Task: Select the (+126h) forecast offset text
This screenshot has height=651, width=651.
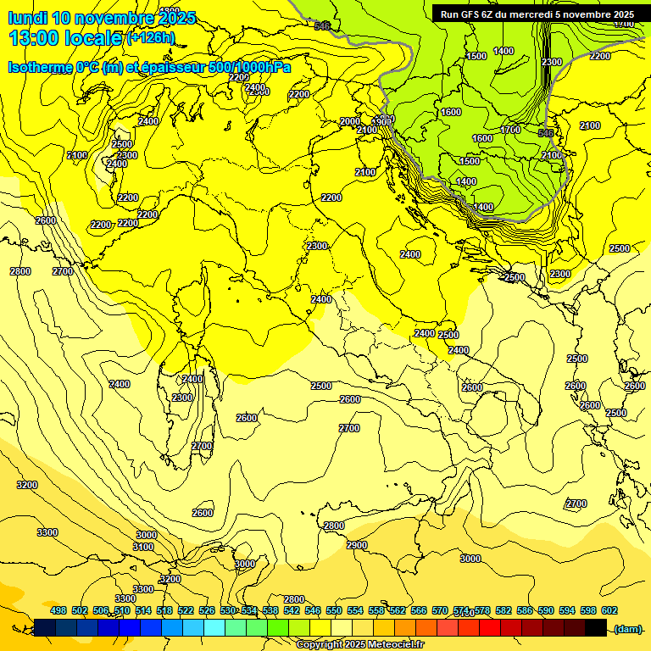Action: point(150,38)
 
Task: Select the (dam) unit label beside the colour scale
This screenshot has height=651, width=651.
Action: point(627,628)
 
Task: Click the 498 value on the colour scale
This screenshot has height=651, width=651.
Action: point(58,610)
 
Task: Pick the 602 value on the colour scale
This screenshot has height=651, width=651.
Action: point(609,610)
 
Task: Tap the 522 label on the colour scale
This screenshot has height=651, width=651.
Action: point(186,610)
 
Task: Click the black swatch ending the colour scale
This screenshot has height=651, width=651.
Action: point(596,628)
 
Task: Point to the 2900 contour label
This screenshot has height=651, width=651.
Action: point(356,545)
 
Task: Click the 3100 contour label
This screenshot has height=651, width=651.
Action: point(143,547)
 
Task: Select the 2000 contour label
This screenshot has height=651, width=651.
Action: point(349,121)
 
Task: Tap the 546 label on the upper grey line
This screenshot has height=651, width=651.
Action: point(321,26)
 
